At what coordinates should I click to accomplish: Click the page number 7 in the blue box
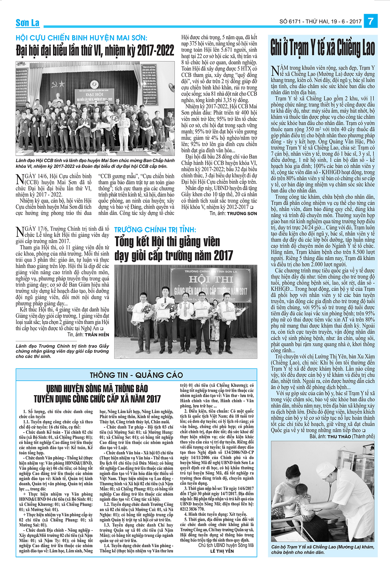coord(370,21)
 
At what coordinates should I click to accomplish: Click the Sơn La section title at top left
coord(28,23)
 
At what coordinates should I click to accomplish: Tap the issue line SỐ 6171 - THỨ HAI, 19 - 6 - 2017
coord(320,21)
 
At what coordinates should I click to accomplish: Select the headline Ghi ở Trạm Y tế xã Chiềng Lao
coord(322,48)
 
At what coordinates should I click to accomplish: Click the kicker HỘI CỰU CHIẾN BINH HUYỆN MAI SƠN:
coord(81,38)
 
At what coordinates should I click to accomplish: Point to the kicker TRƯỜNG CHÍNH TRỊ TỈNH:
coord(155,230)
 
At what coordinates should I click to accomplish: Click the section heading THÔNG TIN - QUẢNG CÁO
coord(136,375)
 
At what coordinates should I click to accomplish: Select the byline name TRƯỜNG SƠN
coord(242,214)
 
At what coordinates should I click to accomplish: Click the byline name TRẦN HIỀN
coord(97,334)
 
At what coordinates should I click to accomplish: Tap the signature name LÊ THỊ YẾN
coord(222,551)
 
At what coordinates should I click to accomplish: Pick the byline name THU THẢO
coord(339,436)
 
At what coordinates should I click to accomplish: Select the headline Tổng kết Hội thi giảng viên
coord(167,242)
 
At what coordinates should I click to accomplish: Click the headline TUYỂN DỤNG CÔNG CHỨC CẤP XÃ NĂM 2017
coord(97,399)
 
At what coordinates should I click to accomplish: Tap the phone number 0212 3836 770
coord(192,509)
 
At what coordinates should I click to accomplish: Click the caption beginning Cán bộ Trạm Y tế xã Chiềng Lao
coord(322,549)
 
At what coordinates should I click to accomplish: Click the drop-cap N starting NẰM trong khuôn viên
coord(275,71)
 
